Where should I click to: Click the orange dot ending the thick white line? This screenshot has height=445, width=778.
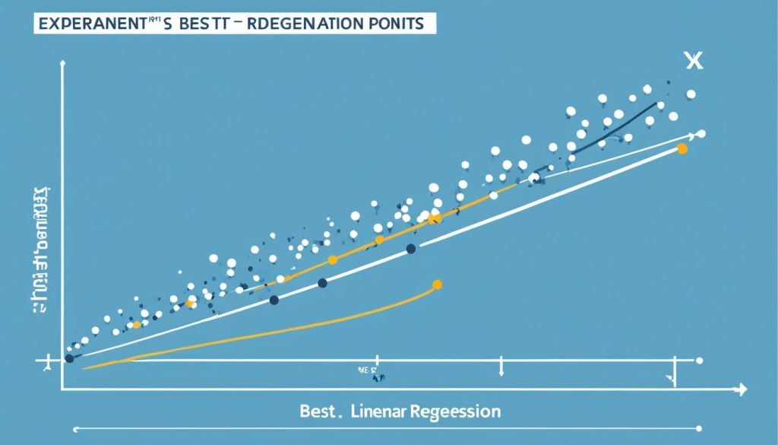coord(682,149)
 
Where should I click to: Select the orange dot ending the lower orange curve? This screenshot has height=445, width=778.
coord(437,285)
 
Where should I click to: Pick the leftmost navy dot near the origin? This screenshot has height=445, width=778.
coord(69,358)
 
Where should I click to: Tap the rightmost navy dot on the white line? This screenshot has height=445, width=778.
coord(411,248)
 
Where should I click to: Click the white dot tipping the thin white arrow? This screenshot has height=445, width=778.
coord(701,134)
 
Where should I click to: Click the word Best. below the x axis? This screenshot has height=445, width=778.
coord(320,412)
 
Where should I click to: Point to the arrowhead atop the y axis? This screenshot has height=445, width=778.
coord(62,68)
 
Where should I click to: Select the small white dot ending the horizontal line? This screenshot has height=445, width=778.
coord(699,360)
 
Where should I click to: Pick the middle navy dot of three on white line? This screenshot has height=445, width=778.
coord(322,283)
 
